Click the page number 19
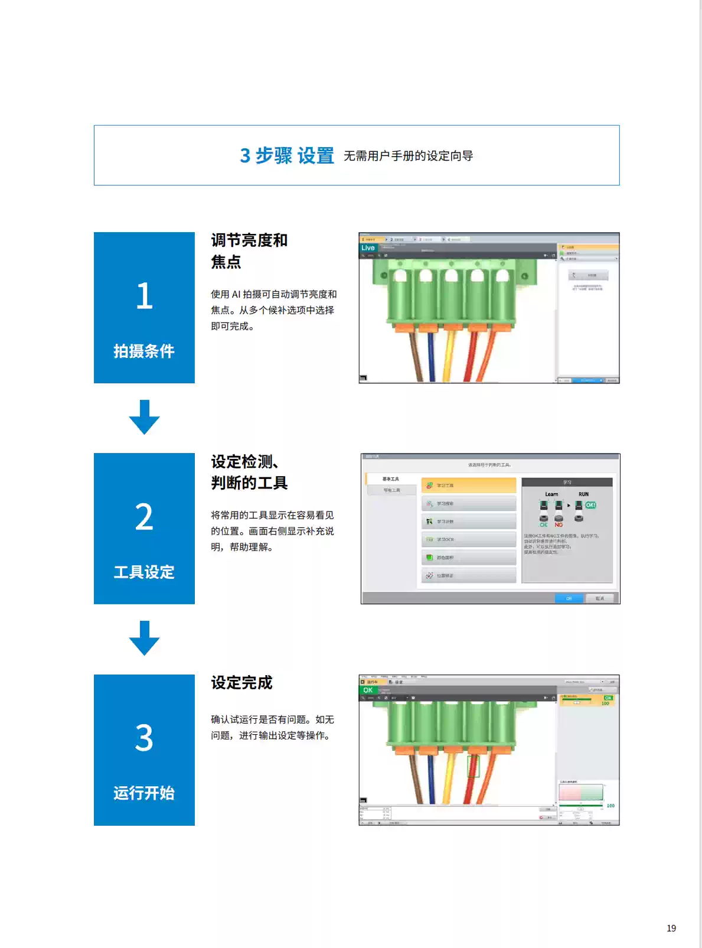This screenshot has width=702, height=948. (671, 928)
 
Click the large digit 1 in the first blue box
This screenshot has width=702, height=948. (144, 296)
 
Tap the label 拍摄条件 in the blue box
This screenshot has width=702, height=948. (144, 351)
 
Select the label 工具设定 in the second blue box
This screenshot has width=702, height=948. (144, 572)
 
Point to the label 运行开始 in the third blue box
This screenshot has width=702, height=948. (144, 793)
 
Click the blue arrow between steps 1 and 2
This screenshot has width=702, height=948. (144, 417)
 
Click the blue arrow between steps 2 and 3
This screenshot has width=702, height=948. (144, 638)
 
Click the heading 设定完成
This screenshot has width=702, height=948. (241, 683)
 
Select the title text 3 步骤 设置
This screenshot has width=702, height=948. (287, 155)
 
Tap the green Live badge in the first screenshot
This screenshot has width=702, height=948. (368, 248)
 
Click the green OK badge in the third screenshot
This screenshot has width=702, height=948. (368, 690)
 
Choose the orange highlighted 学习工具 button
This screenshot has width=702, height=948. (469, 486)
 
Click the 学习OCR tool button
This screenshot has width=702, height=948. (469, 539)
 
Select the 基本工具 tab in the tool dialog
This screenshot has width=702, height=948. (390, 479)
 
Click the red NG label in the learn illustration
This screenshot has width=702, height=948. (559, 525)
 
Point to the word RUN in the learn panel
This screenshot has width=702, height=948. (583, 494)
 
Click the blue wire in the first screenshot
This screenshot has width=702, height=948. (432, 354)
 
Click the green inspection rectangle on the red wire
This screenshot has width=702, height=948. (473, 766)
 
